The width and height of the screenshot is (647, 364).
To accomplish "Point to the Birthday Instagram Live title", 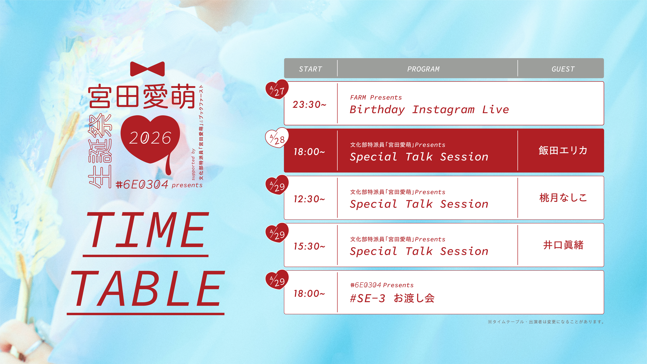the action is tap(429, 109).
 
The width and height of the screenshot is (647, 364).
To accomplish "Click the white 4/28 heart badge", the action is tap(277, 138).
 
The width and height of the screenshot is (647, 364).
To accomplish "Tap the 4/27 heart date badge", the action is tap(277, 89).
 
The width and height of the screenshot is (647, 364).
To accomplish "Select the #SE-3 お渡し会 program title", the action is tap(392, 298).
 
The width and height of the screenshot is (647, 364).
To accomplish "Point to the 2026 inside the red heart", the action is tap(150, 138).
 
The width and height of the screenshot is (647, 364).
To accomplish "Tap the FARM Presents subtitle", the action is tap(376, 97).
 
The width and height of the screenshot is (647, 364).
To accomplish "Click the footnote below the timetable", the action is tap(546, 322).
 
